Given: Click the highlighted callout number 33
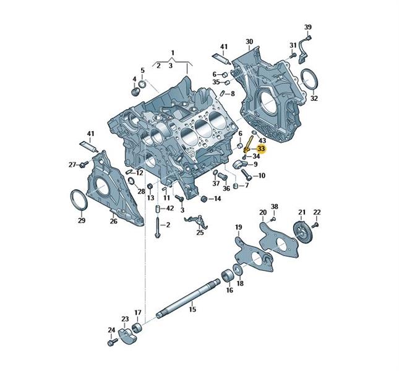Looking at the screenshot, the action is [x=261, y=148].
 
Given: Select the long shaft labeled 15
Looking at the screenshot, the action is [x=188, y=299].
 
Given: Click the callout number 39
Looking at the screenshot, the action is [x=308, y=27].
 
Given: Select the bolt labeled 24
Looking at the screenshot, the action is [x=113, y=341].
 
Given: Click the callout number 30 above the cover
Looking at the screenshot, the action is [x=249, y=41].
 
